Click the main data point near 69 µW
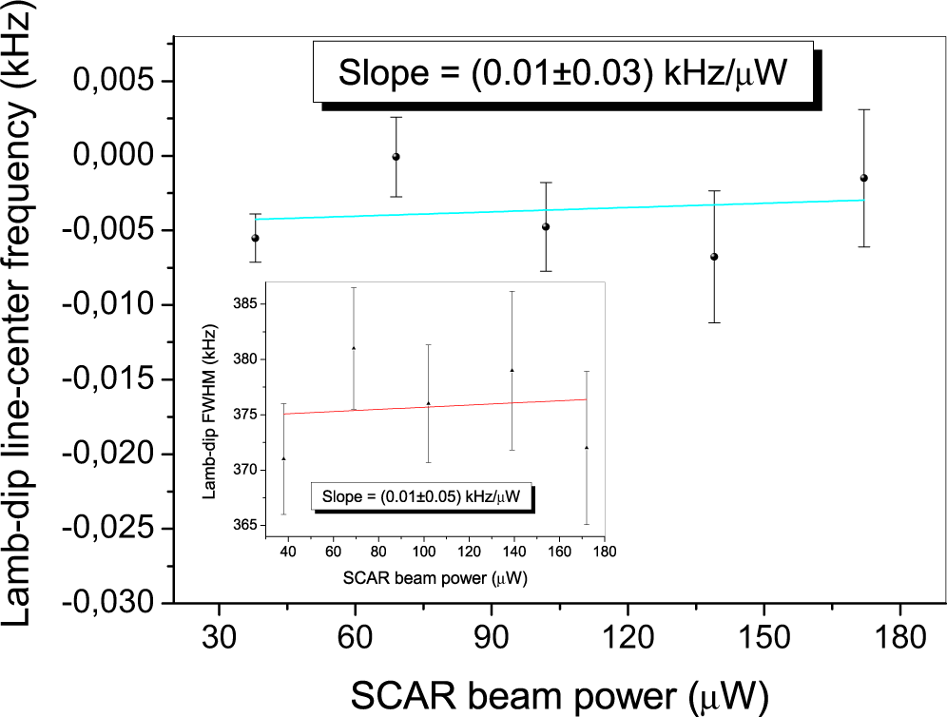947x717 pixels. [x=396, y=157]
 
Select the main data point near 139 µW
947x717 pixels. [x=714, y=257]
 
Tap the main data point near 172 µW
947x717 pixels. [x=863, y=178]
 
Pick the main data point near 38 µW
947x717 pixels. [x=255, y=238]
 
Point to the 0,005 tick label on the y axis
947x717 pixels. [x=113, y=82]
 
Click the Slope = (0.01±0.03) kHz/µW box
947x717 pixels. [x=562, y=71]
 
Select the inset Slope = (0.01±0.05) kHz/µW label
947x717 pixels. [x=421, y=496]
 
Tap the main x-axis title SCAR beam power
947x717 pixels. [x=558, y=695]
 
